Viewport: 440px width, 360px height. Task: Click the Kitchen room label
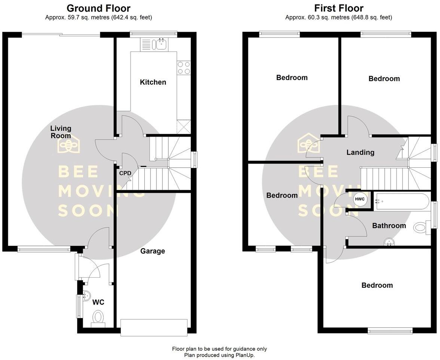tap(153, 82)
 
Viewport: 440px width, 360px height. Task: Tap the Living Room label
tap(61, 132)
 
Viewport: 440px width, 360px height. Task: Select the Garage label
tap(153, 251)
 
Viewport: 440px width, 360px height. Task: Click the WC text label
tap(98, 302)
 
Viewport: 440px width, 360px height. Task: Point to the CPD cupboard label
tap(125, 173)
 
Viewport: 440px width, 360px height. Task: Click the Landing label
tap(360, 152)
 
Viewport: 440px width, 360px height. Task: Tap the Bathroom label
tap(389, 226)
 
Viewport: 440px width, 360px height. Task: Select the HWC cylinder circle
tap(360, 199)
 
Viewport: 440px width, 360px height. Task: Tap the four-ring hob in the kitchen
tap(184, 67)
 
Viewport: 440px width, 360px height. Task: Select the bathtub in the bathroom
tap(402, 201)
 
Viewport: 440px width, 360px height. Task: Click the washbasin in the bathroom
tap(389, 242)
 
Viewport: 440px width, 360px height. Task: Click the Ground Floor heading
tap(98, 8)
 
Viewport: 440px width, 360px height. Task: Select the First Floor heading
tap(339, 8)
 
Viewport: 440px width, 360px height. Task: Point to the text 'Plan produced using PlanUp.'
tap(219, 355)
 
